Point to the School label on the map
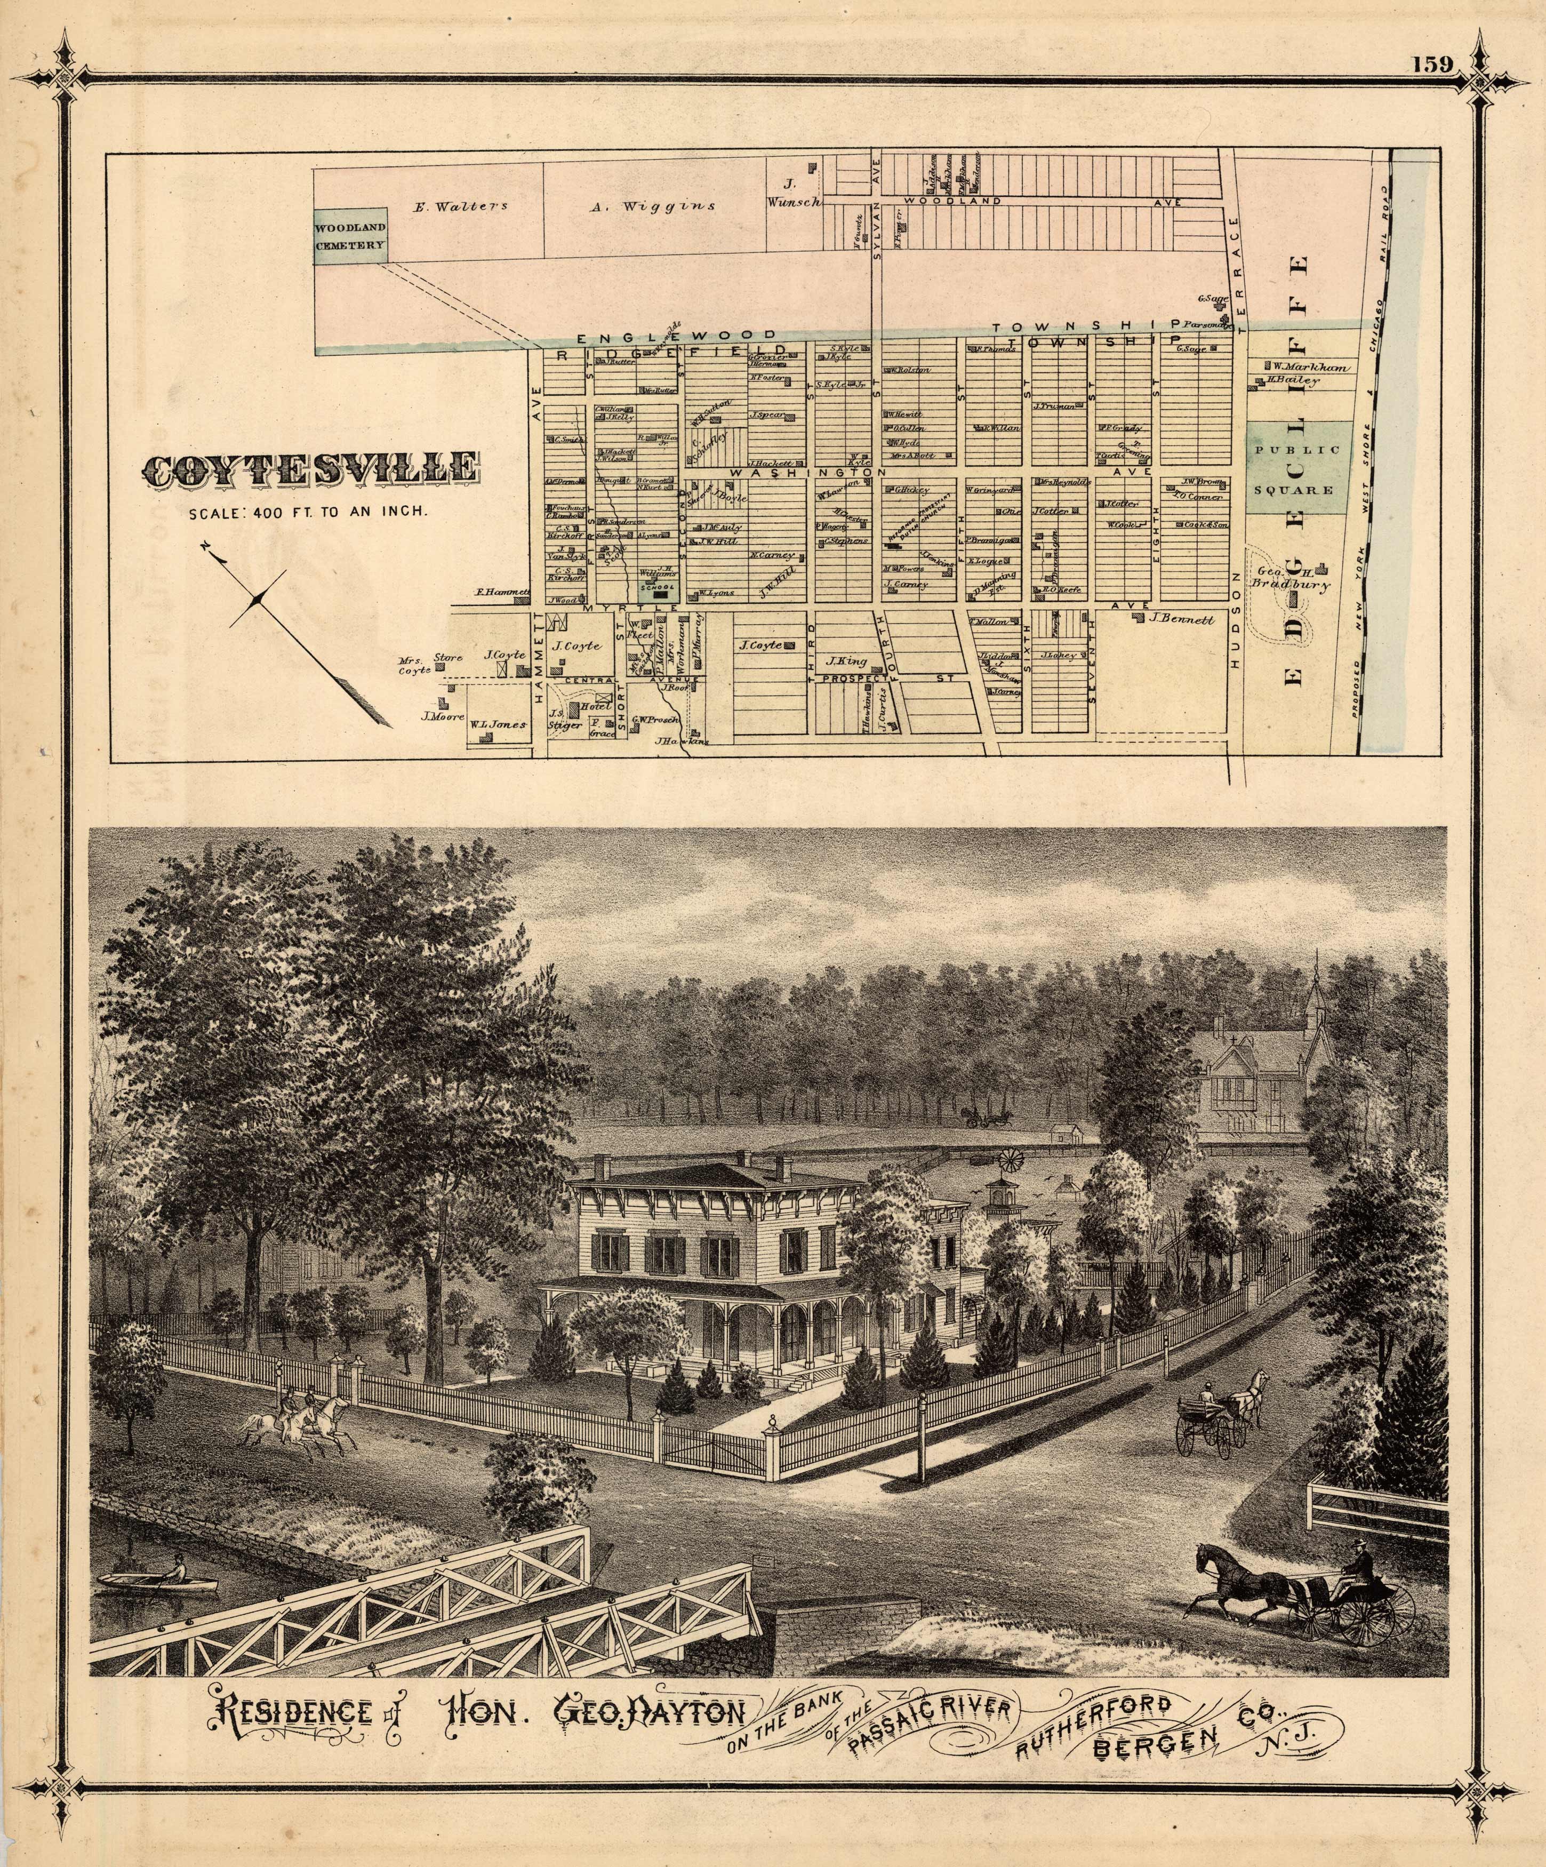661,588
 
